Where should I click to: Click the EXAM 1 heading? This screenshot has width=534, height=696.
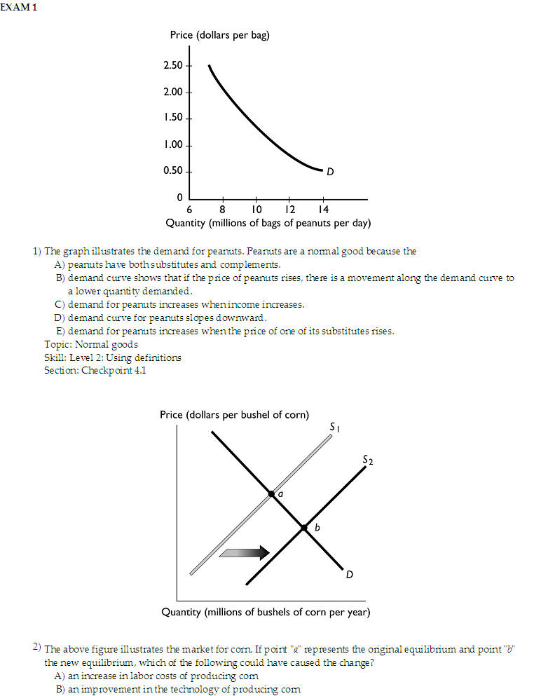tap(19, 7)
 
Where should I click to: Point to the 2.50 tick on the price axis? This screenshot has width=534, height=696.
tap(173, 65)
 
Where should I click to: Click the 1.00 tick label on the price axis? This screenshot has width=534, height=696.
tap(173, 145)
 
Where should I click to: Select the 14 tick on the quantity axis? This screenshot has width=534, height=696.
tap(322, 210)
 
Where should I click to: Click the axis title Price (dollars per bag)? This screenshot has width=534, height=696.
tap(219, 35)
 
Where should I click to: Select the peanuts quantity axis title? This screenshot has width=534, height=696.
tap(268, 224)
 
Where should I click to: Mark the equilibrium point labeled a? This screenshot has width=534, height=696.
tap(271, 493)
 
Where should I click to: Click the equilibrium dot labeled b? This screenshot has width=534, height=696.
tap(303, 527)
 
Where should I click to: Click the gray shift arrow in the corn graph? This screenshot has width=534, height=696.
tap(244, 552)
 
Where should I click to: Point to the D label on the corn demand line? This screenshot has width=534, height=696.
tap(349, 575)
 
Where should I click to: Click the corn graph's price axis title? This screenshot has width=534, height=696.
tap(234, 414)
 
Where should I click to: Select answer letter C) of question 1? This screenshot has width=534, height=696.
tap(60, 304)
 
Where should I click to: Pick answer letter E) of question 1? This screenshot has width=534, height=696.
tap(60, 331)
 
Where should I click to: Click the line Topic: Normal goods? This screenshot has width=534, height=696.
tap(91, 344)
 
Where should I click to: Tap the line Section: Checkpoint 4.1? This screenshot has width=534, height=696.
tap(95, 370)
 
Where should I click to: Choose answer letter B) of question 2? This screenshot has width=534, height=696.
tap(60, 689)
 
